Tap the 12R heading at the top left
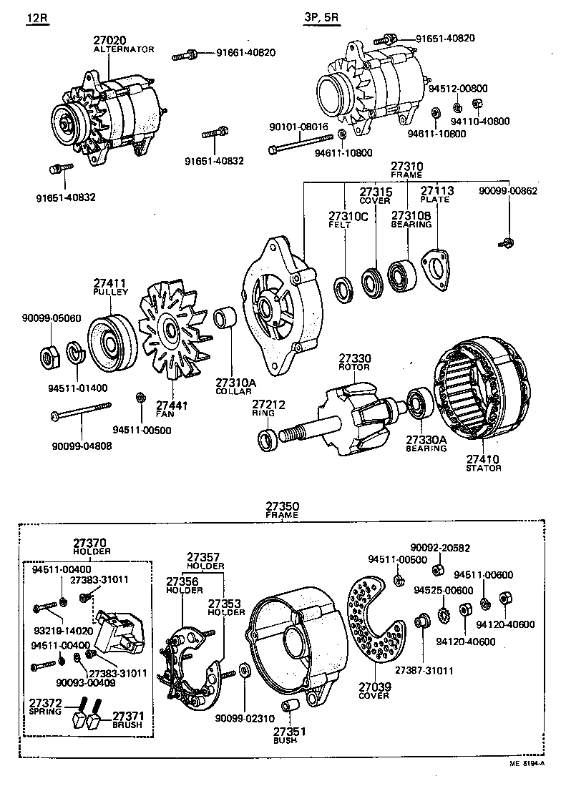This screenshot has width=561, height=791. [x=37, y=19]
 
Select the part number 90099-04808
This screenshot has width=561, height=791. [x=82, y=446]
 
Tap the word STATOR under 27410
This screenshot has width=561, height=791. [x=484, y=468]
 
